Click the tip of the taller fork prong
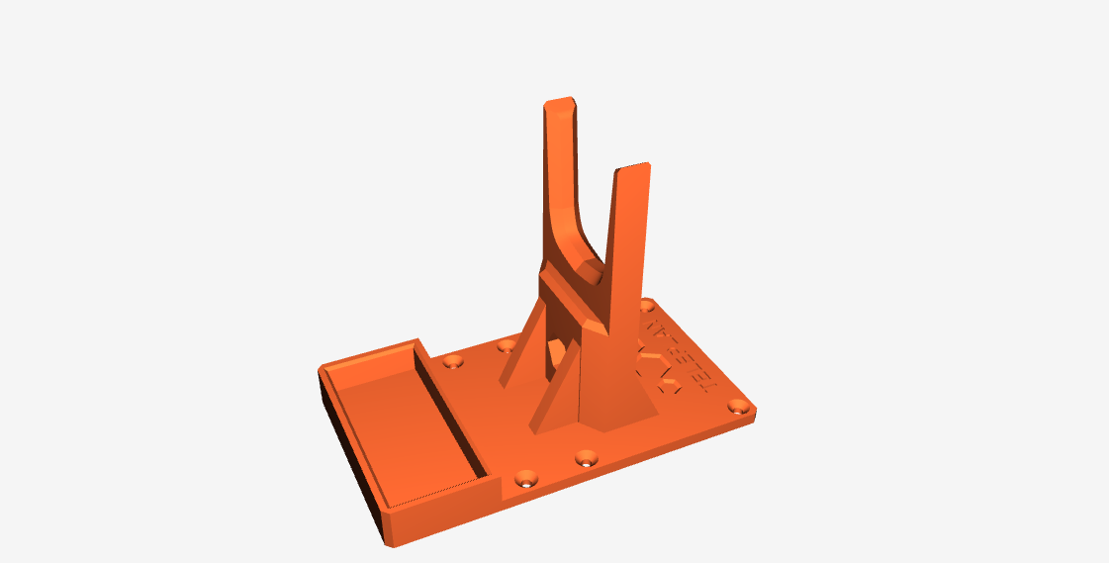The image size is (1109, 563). [x=559, y=103]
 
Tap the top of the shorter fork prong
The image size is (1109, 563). [x=633, y=167]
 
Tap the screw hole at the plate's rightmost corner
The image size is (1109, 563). [x=737, y=406]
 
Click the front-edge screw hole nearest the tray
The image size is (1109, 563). [x=526, y=479]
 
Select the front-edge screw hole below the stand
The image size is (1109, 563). [x=588, y=459]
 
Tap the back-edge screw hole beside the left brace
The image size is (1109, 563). [x=507, y=345]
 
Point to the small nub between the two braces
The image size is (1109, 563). [x=556, y=349]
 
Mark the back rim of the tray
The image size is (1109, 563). [x=371, y=354]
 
